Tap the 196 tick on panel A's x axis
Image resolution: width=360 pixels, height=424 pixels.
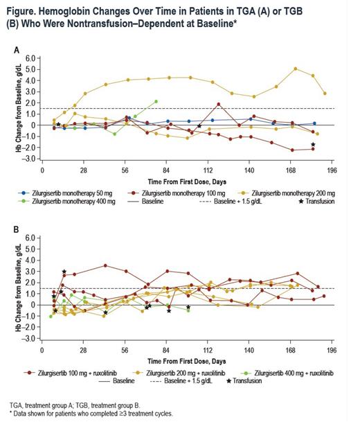coord(332,168)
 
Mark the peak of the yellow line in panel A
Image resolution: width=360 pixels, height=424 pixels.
coord(296,69)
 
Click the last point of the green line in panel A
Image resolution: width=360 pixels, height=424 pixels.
coord(156,101)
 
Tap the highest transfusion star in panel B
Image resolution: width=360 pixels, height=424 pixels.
coord(64,272)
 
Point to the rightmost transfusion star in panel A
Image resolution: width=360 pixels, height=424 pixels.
coord(314,145)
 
